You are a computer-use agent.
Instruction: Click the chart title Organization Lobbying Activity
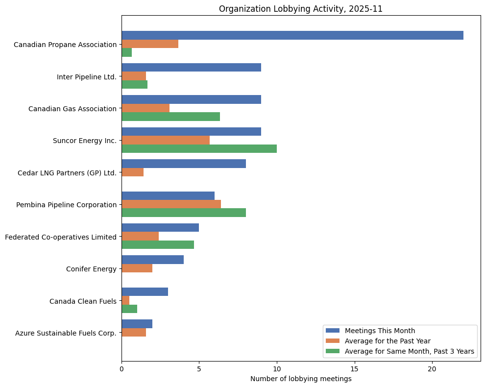301,9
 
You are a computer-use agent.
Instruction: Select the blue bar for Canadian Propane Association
292,35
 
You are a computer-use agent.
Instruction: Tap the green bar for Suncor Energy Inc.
199,148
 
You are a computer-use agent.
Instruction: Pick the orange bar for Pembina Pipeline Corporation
171,204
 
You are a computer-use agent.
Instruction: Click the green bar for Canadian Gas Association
170,117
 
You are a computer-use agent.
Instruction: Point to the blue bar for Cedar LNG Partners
183,164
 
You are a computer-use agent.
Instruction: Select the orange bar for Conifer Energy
137,268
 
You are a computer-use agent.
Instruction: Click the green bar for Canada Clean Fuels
129,309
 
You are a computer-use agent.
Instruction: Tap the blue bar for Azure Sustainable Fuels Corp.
137,324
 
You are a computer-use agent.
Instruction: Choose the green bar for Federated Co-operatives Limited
158,245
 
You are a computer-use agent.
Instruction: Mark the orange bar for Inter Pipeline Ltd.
134,76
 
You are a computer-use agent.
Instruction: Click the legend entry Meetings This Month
380,330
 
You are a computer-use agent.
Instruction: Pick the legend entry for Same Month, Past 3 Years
410,351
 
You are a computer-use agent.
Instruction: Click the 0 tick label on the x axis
121,368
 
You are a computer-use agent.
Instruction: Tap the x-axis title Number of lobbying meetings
301,379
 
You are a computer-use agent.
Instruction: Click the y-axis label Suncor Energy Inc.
85,141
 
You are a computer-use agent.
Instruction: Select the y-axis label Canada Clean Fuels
83,301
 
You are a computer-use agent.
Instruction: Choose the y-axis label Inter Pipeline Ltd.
87,76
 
